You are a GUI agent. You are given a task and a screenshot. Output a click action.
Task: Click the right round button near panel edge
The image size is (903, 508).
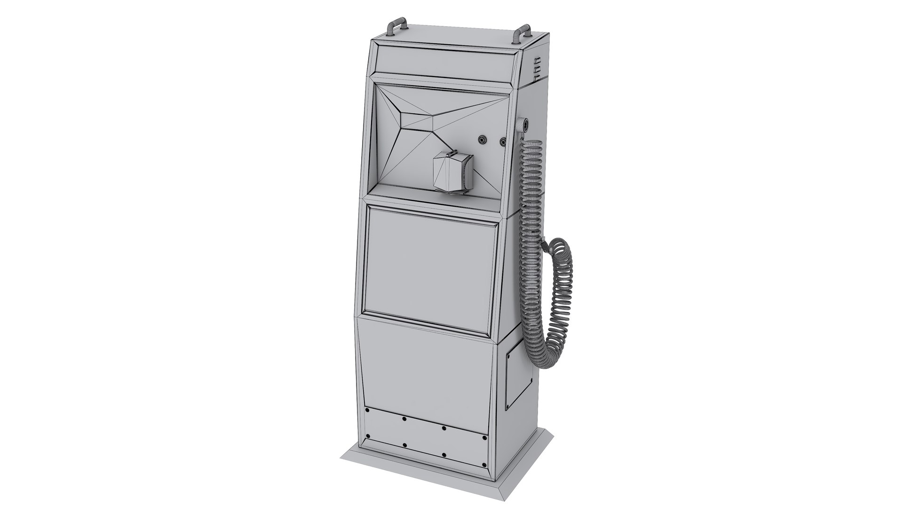click(504, 141)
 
